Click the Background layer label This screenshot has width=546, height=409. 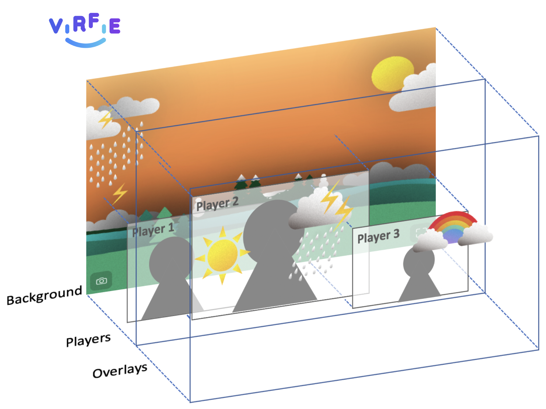point(44,295)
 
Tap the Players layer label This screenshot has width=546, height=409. point(88,340)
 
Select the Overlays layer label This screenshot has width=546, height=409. point(120,370)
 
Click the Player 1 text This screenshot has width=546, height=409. point(153,230)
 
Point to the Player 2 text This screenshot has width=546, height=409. point(217,204)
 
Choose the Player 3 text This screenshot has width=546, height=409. point(378,236)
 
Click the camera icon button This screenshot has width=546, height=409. point(101,281)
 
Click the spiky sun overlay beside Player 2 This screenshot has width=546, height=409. point(222,255)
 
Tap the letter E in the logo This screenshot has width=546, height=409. point(115,26)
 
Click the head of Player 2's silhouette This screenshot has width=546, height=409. point(270,228)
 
